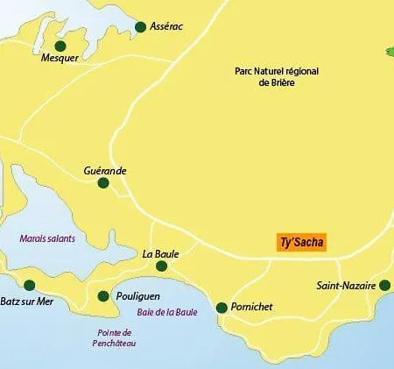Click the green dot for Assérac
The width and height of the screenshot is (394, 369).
(x=140, y=27)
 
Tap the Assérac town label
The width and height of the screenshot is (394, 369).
(x=168, y=27)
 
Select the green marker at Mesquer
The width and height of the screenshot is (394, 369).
(x=60, y=46)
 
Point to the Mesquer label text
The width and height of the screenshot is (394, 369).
(x=60, y=59)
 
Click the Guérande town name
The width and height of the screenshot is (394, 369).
(x=104, y=169)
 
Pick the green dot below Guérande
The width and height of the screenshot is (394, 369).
(x=103, y=183)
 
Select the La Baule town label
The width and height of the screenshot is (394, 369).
(x=160, y=253)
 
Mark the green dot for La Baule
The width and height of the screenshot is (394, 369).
(x=161, y=266)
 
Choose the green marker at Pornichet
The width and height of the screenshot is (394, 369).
(x=222, y=308)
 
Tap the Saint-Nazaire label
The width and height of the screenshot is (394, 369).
(x=346, y=286)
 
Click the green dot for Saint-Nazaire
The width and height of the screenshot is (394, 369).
(x=385, y=285)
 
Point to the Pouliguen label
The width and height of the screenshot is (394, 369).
(x=140, y=296)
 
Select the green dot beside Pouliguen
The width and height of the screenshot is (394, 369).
(x=103, y=296)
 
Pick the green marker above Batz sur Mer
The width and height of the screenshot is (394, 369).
(x=29, y=285)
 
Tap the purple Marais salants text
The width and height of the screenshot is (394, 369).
(x=47, y=238)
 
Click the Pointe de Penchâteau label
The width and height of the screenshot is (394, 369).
(x=116, y=339)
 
